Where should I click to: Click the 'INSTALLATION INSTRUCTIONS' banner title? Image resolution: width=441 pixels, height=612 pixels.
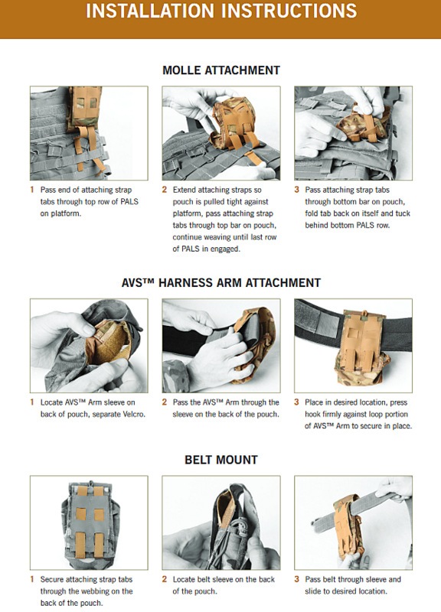(x=221, y=11)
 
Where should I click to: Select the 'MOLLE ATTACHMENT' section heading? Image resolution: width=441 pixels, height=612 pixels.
(x=221, y=70)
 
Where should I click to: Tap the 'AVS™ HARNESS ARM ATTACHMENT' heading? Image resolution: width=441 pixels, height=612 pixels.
(x=221, y=282)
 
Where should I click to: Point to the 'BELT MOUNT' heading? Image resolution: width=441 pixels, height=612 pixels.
(x=221, y=460)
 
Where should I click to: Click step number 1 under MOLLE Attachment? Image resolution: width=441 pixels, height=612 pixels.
(x=32, y=190)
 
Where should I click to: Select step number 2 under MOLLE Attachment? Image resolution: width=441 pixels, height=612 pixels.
(x=165, y=190)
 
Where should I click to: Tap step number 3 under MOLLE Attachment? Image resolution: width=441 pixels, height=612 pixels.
(x=297, y=190)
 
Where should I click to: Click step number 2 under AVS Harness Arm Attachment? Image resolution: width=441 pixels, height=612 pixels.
(x=165, y=402)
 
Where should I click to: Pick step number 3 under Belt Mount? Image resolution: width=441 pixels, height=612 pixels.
(x=297, y=579)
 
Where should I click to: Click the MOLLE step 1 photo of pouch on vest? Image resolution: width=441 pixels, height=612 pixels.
(x=89, y=133)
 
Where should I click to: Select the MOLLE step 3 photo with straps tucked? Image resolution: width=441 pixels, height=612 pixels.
(x=353, y=133)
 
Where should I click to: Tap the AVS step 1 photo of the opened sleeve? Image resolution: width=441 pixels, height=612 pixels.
(x=89, y=346)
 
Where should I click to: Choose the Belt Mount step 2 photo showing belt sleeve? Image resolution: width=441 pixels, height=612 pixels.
(x=221, y=522)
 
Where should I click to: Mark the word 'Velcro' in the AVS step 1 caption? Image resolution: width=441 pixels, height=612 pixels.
(x=132, y=414)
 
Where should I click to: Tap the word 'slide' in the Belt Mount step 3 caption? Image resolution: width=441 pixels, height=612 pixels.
(x=314, y=591)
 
